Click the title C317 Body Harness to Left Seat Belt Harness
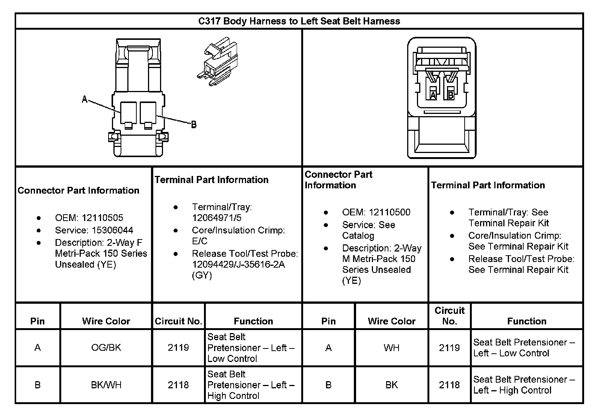(299, 21)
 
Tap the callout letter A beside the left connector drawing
(85, 100)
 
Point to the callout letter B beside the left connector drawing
(194, 124)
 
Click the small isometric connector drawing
(217, 62)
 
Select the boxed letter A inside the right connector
(433, 95)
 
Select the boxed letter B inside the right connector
(451, 95)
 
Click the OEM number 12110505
(102, 218)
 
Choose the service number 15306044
(113, 230)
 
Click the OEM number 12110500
(390, 212)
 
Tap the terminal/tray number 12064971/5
(217, 218)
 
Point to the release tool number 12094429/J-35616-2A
(239, 265)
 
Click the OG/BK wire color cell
(106, 348)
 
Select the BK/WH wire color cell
(106, 385)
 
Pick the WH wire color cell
(391, 348)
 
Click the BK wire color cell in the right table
(391, 385)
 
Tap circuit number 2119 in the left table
(178, 348)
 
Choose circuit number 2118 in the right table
(449, 385)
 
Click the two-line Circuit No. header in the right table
(449, 316)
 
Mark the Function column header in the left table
(253, 321)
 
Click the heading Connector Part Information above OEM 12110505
(79, 191)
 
